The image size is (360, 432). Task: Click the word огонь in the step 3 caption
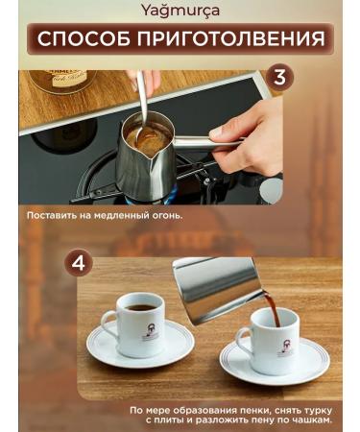(x=164, y=216)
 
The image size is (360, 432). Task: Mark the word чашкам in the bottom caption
(x=310, y=420)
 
